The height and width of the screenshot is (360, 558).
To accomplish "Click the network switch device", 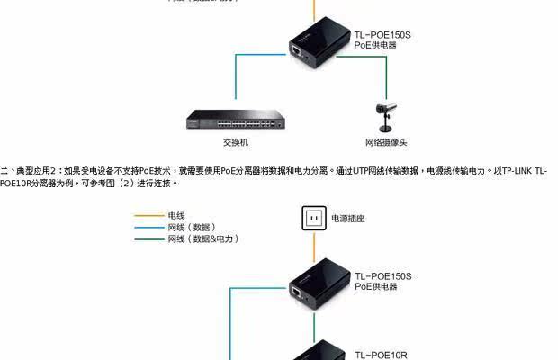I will click(x=236, y=121).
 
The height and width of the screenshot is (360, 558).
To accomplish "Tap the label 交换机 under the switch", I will click(x=236, y=142).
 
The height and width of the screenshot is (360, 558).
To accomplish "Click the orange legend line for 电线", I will click(x=147, y=216).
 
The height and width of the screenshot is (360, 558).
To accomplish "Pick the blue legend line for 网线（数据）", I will click(x=147, y=228).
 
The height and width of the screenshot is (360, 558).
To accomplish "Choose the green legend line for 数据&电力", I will click(x=147, y=239).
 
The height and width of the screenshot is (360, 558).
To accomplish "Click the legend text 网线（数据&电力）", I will click(x=202, y=239).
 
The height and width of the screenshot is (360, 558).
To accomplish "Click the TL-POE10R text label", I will click(x=381, y=355).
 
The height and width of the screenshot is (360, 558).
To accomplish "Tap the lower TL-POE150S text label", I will click(x=383, y=275).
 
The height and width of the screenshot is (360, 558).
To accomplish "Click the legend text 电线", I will click(x=176, y=216).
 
